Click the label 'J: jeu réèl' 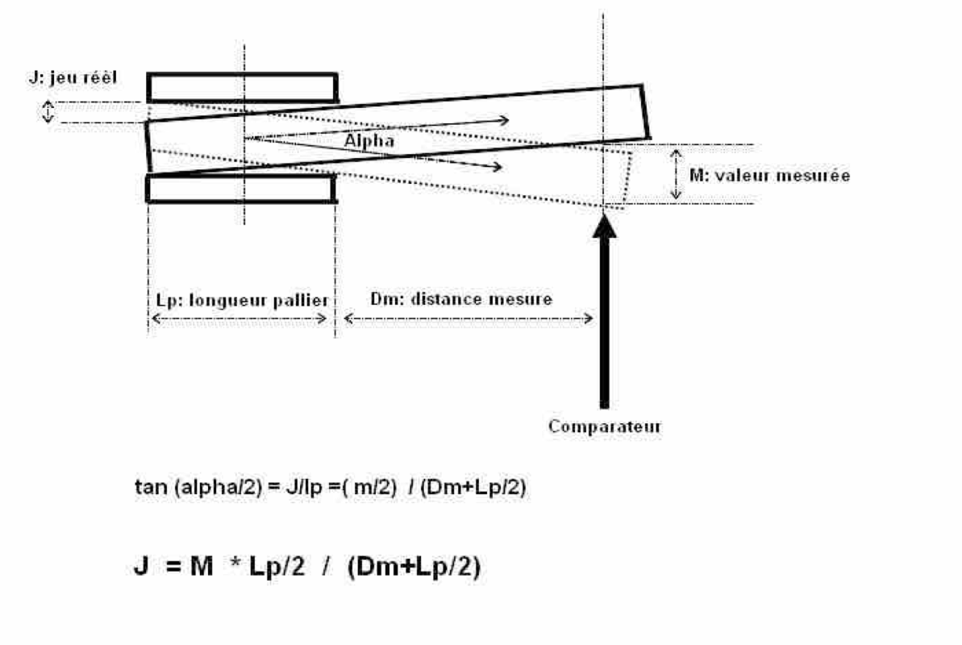tap(71, 78)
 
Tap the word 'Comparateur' tap(604, 427)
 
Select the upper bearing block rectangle tap(242, 88)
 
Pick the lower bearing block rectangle tap(240, 188)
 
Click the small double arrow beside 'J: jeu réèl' tap(48, 111)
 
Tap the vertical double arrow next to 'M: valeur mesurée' tap(677, 173)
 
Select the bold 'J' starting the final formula tap(140, 568)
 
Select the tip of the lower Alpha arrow tap(502, 168)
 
